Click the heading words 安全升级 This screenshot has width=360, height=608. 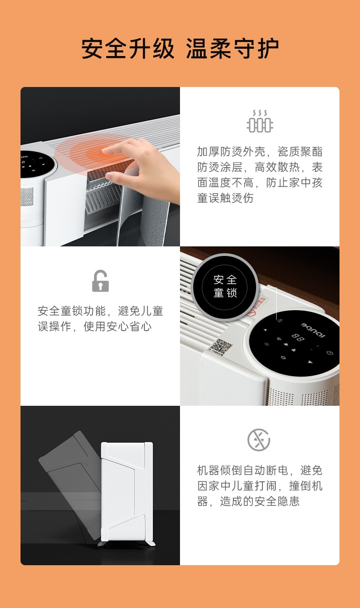128,49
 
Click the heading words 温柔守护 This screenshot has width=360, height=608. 232,49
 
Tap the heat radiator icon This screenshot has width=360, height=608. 260,122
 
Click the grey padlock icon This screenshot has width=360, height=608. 100,281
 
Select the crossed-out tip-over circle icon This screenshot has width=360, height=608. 259,440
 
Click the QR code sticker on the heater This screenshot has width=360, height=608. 221,347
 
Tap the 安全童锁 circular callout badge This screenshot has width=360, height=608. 225,286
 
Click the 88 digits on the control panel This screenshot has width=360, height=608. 298,338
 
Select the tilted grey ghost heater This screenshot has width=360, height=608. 68,474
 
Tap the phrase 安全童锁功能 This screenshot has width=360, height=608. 72,312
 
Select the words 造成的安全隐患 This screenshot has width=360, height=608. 260,501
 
